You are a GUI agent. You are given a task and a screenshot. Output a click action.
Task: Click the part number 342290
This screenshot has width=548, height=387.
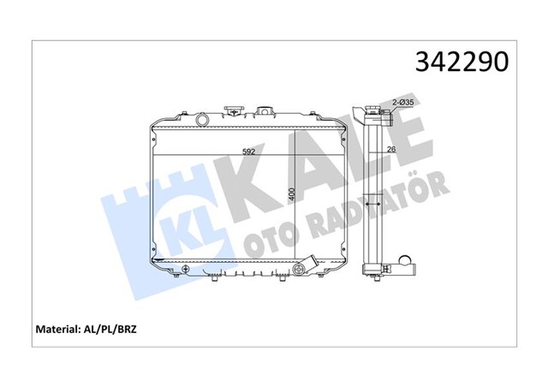pyautogui.click(x=462, y=63)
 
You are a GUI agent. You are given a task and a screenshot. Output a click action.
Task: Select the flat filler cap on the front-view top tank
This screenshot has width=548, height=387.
pyautogui.click(x=233, y=111)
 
